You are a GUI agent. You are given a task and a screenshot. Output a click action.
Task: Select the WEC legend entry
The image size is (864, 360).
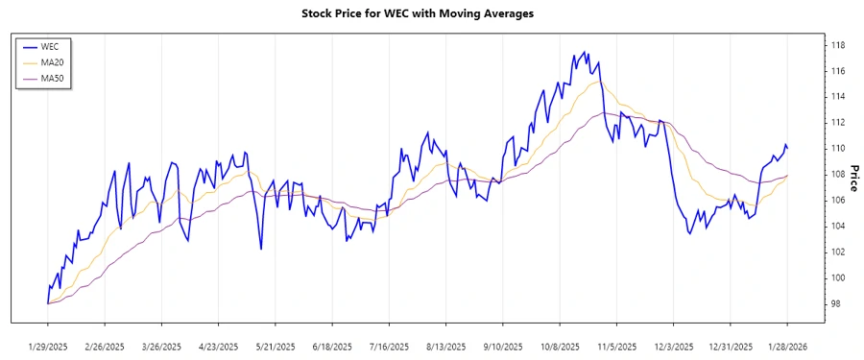click(50, 46)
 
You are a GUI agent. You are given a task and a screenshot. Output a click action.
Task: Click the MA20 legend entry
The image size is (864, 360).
click(52, 62)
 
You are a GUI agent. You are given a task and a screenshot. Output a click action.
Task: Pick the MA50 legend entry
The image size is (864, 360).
click(52, 78)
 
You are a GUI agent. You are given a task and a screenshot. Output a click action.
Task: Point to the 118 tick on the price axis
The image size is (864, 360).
click(837, 45)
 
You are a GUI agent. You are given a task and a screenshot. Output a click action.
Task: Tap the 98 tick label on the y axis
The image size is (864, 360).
click(835, 303)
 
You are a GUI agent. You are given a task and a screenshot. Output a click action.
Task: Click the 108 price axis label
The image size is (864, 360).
click(837, 174)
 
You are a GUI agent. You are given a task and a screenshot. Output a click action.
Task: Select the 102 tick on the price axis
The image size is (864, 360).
click(837, 252)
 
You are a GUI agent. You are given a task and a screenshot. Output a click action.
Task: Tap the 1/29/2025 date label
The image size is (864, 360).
click(48, 347)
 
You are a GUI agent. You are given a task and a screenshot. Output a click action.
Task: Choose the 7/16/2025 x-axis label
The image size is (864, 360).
click(389, 347)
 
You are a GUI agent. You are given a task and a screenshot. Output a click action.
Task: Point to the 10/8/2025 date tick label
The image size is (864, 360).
click(560, 347)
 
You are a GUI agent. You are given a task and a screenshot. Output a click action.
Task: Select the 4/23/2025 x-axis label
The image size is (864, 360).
click(219, 347)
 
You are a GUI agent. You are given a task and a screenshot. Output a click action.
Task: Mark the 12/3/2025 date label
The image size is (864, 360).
click(674, 347)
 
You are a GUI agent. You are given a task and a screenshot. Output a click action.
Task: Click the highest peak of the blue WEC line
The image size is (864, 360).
click(586, 52)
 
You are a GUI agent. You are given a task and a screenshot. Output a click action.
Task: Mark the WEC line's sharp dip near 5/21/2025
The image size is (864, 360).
click(261, 250)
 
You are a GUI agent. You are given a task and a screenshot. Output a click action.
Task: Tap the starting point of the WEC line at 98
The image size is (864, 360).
click(48, 303)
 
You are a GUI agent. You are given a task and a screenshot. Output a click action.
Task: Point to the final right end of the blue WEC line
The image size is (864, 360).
click(788, 148)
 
